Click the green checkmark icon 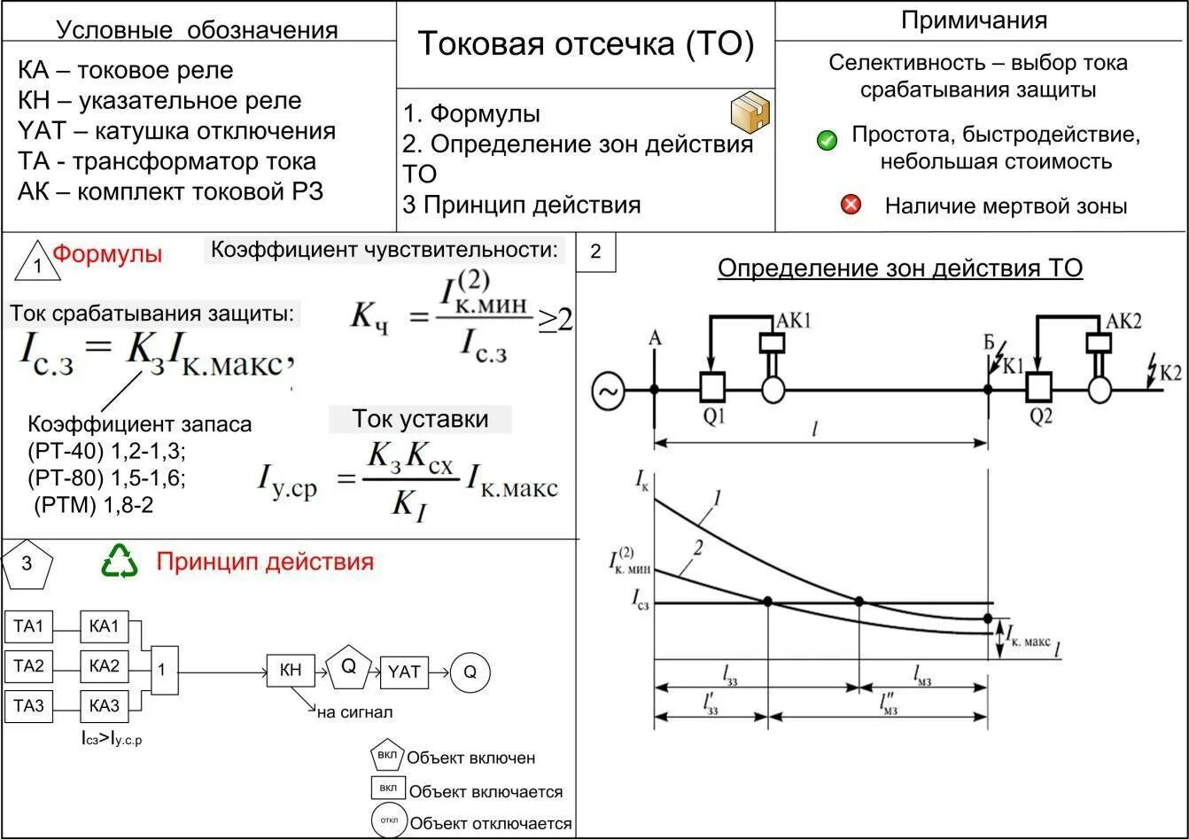pos(827,140)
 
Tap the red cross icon pos(851,206)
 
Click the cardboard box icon pos(750,113)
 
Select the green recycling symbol pos(120,561)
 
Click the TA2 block pos(28,666)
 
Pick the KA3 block pos(104,706)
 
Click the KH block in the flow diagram pos(291,672)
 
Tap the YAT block pos(404,672)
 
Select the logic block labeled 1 pos(161,670)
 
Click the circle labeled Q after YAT pos(470,672)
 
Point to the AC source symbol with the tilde pos(609,390)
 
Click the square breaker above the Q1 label pos(711,387)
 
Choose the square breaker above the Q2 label pos(1037,387)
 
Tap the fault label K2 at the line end pos(1171,372)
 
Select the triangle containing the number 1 pos(37,261)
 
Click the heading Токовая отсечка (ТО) pos(585,44)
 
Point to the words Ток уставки pos(420,419)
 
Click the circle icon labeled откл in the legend pos(389,820)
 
